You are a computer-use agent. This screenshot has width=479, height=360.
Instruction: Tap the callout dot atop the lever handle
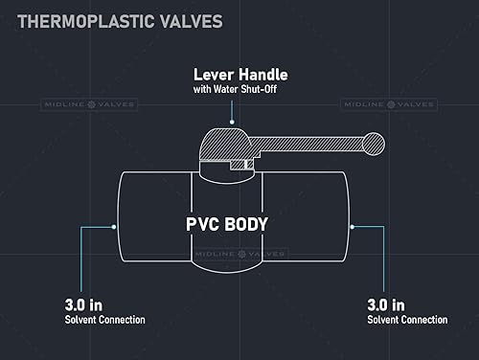233,122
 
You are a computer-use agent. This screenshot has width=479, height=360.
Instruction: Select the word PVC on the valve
204,226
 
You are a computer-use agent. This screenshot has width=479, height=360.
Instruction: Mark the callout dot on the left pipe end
116,226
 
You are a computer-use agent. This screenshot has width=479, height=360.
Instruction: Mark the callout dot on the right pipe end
353,226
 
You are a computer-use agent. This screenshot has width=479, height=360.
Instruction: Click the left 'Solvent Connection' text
104,319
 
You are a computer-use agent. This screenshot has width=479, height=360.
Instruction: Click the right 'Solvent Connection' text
406,319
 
